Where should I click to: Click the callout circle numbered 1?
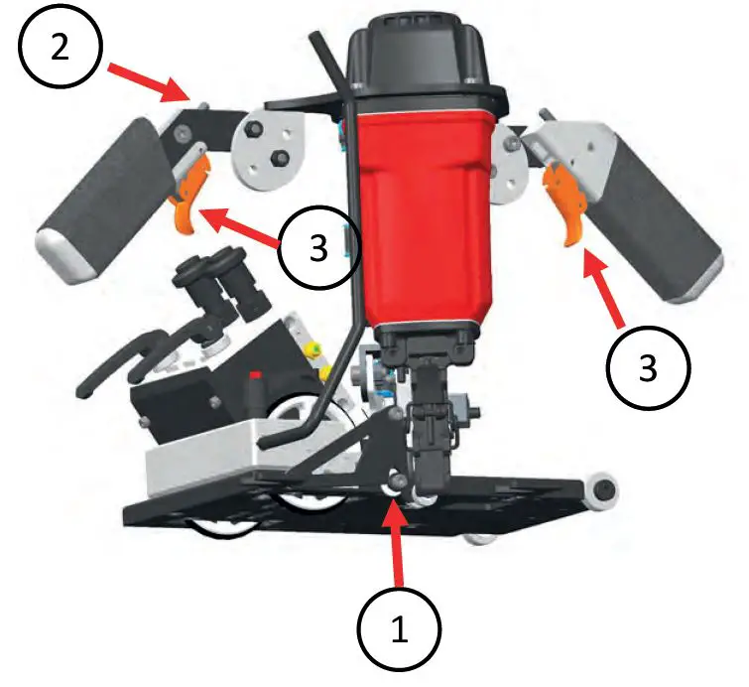coord(400,630)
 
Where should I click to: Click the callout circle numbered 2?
coord(61,47)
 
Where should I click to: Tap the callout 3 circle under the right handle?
coord(648,367)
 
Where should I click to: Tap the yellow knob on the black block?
coord(313,351)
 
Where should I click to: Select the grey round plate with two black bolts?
coord(268,150)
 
